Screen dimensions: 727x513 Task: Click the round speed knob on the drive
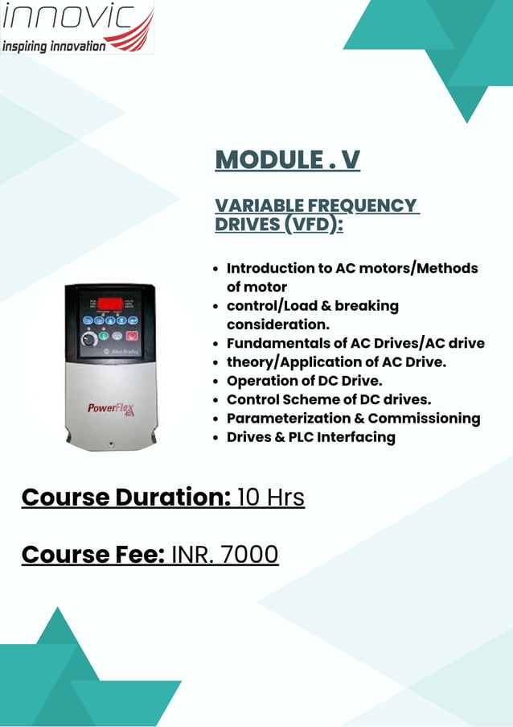87,341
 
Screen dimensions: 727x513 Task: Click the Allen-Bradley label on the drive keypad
123,353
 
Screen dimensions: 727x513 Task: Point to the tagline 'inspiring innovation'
54,46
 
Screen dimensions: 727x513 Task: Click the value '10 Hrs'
271,497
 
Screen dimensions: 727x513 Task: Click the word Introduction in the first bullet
269,268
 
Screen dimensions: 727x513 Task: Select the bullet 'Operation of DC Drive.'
304,381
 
